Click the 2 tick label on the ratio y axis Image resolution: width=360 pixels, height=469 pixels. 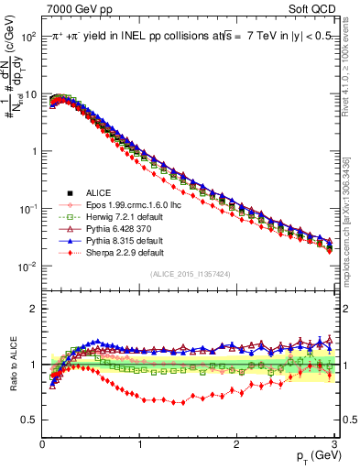(32, 309)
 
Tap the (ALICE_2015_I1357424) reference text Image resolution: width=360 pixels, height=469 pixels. (189, 273)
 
